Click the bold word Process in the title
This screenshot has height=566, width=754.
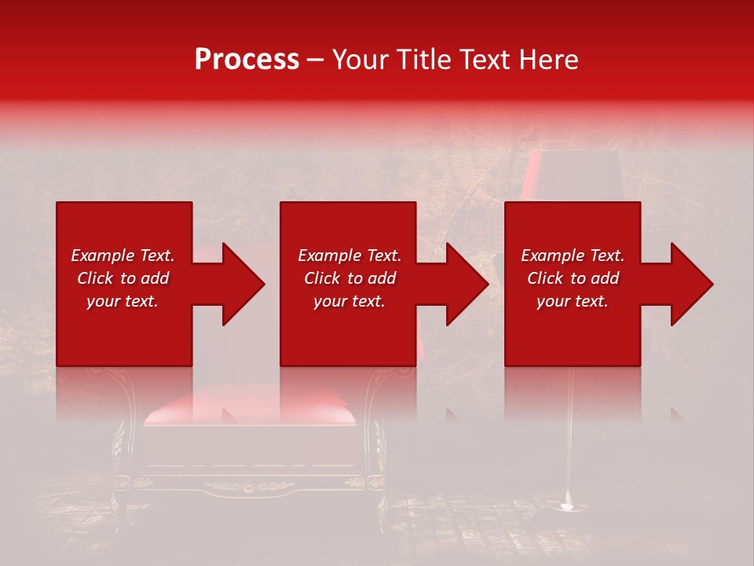(247, 60)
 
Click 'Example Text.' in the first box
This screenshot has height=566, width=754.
(123, 255)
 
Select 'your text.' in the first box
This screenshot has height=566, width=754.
(123, 301)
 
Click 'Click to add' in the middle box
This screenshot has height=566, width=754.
(350, 278)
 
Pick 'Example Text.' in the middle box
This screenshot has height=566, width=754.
(350, 255)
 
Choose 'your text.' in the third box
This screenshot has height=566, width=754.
(573, 301)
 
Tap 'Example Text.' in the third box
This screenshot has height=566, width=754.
(573, 255)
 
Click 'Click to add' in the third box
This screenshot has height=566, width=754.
(573, 278)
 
